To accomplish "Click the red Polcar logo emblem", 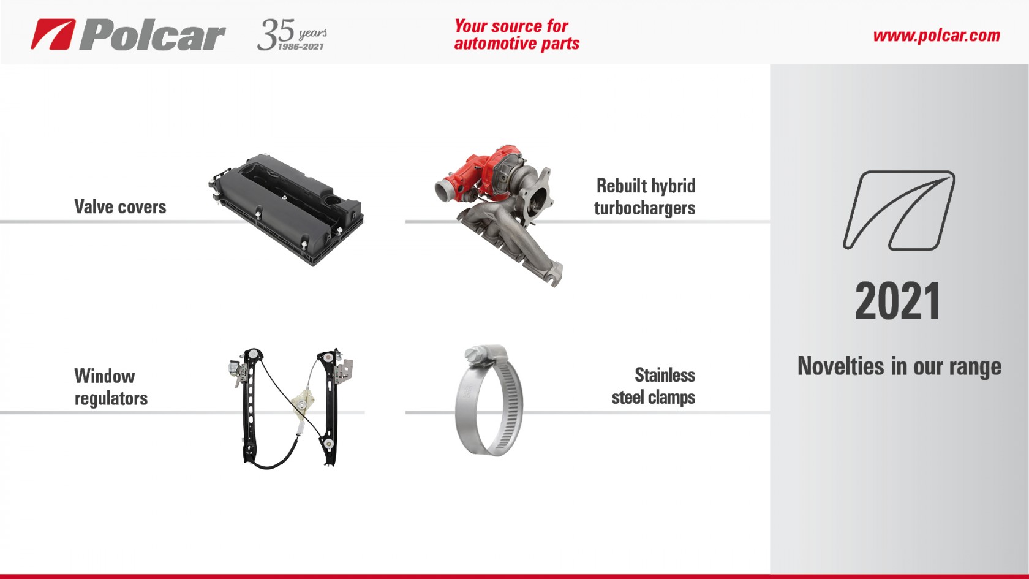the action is (x=53, y=34).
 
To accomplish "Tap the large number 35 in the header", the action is (x=276, y=34).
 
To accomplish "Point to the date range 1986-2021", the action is (x=301, y=47).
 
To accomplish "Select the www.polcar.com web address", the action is (x=937, y=36).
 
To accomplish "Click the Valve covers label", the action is (x=120, y=207).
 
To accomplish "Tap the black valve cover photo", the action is (x=286, y=210).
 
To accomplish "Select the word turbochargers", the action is (x=644, y=208).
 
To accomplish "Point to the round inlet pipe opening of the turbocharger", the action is (x=443, y=189).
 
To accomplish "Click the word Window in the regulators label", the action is (x=105, y=376).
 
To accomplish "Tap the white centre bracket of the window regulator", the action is (x=302, y=403).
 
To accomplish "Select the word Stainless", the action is (x=665, y=375).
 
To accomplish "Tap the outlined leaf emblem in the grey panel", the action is (x=899, y=211).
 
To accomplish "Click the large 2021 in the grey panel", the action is (x=897, y=301).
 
